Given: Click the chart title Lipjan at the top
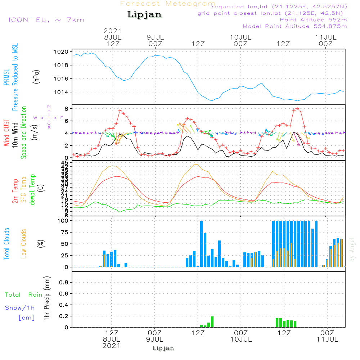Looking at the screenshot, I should pyautogui.click(x=144, y=15).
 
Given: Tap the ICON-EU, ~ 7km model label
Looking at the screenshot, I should pyautogui.click(x=46, y=20).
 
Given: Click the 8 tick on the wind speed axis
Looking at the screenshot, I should pyautogui.click(x=66, y=108).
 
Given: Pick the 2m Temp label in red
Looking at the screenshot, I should pyautogui.click(x=15, y=191).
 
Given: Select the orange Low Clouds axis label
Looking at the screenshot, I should pyautogui.click(x=24, y=243).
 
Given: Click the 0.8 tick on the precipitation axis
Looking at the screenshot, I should pyautogui.click(x=63, y=283).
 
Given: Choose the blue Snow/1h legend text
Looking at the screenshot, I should pyautogui.click(x=20, y=308).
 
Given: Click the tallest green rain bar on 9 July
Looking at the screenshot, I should pyautogui.click(x=212, y=321).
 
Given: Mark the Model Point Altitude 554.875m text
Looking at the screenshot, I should pyautogui.click(x=294, y=26).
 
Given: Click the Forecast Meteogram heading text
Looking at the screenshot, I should pyautogui.click(x=167, y=4).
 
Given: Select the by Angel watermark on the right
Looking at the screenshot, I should pyautogui.click(x=352, y=249).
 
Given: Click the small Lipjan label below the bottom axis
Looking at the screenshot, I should pyautogui.click(x=163, y=348).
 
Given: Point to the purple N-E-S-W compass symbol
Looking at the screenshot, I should pyautogui.click(x=49, y=117).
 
